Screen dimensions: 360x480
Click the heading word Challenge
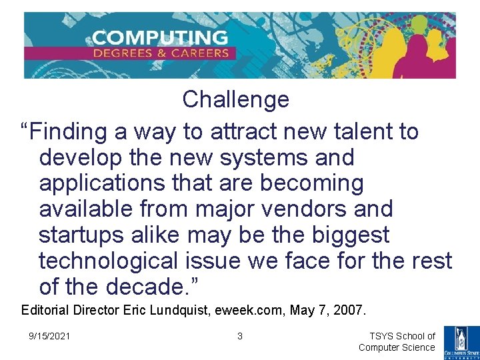coord(235,100)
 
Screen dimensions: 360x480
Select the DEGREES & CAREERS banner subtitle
coord(161,53)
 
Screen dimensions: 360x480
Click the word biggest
coord(357,235)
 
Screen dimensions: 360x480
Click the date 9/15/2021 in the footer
coord(49,336)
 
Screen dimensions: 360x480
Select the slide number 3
coord(240,336)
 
